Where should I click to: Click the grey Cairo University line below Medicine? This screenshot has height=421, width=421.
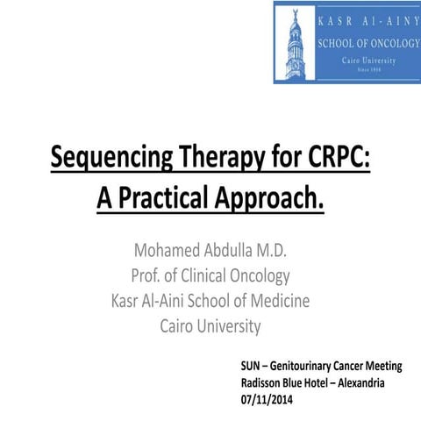click(210, 327)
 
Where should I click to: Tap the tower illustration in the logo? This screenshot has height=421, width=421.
click(295, 42)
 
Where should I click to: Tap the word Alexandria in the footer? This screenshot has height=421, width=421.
click(354, 382)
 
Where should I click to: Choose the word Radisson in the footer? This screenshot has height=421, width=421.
click(265, 382)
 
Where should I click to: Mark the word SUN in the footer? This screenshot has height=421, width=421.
click(253, 366)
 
